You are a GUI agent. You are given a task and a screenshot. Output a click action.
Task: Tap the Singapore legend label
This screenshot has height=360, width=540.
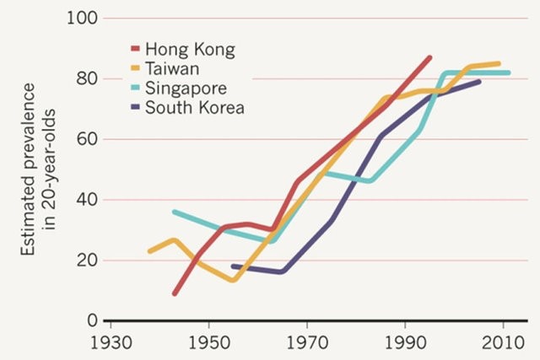point(186,88)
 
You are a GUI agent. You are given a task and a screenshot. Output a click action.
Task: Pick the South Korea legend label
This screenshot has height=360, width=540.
point(195,107)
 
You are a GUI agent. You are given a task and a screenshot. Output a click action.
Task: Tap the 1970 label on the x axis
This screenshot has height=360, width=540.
point(307,346)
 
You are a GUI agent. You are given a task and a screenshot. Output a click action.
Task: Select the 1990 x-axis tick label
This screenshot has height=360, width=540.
point(405,346)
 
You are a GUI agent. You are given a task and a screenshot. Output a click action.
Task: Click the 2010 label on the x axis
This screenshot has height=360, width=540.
point(503,346)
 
